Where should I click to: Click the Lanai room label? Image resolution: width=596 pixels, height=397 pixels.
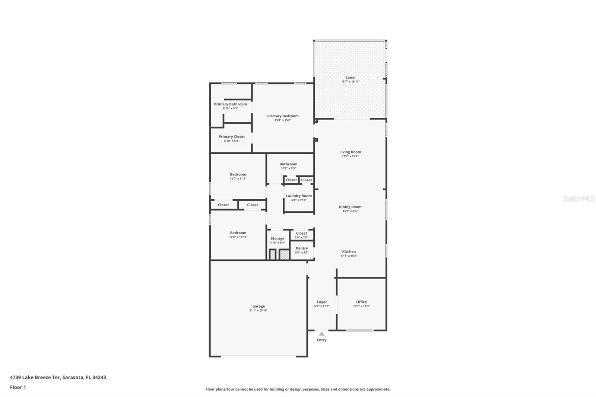pos(350,77)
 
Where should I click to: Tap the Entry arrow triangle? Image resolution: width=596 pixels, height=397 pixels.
pos(321,334)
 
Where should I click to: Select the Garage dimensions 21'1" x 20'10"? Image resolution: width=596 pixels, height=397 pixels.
pos(259,311)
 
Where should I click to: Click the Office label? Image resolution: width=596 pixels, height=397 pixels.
pos(361,302)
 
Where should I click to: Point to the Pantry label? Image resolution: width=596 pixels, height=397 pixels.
pos(302,248)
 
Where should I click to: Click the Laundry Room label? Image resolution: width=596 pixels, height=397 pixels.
pos(299,196)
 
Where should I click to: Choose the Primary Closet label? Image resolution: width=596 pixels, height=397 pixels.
pos(231,137)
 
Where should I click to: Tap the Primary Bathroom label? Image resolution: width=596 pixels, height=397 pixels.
pos(230,104)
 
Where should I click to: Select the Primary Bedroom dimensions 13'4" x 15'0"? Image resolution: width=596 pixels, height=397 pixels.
pos(283,120)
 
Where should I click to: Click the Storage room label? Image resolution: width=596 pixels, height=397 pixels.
pos(277,238)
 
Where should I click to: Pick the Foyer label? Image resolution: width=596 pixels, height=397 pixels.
pos(322,302)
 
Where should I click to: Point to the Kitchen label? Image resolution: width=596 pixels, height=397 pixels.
pos(349,252)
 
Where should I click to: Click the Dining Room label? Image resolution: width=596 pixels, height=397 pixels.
pos(350,207)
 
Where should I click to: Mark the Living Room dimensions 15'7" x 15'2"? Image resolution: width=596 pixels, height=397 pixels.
pos(350,156)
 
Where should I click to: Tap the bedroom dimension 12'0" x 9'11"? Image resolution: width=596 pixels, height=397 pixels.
pos(238,179)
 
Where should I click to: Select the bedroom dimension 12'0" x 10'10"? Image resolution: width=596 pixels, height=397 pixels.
pos(238,237)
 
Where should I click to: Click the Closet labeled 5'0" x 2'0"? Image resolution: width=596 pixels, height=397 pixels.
pos(301,234)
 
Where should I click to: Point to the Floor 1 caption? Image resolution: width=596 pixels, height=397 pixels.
pos(18,387)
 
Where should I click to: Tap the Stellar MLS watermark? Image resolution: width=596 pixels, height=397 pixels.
pos(578,199)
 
